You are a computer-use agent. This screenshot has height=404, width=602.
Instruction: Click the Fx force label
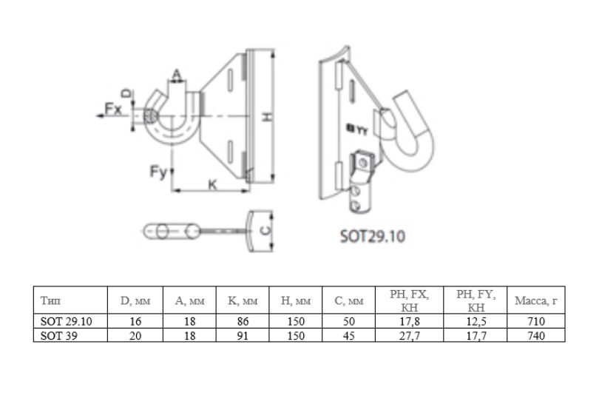click(x=113, y=109)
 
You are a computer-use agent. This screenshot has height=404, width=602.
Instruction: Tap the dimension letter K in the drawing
click(x=212, y=185)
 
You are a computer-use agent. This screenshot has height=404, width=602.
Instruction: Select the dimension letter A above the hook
click(x=176, y=75)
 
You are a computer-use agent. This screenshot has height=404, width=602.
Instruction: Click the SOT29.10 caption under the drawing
click(x=373, y=236)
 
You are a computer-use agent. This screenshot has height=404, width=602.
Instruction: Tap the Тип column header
click(x=50, y=300)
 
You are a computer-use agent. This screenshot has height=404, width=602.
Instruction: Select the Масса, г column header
click(x=535, y=300)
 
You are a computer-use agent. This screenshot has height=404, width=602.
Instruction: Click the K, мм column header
click(x=243, y=300)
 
